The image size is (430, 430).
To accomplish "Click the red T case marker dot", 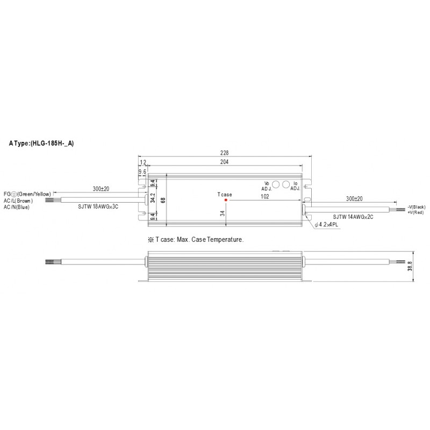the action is (226, 200).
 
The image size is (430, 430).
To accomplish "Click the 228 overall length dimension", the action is (224, 153).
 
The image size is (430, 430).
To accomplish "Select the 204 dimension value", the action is (224, 162).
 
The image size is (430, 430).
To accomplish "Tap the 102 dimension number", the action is (264, 196).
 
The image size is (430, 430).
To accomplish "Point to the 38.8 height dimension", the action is (410, 266).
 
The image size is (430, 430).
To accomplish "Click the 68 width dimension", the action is (163, 200).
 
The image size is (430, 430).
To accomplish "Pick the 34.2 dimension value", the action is (153, 198).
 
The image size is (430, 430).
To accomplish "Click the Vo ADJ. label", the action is (267, 186).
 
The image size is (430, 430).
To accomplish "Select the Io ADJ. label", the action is (295, 185).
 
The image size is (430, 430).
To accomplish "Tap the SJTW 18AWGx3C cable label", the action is (98, 206).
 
